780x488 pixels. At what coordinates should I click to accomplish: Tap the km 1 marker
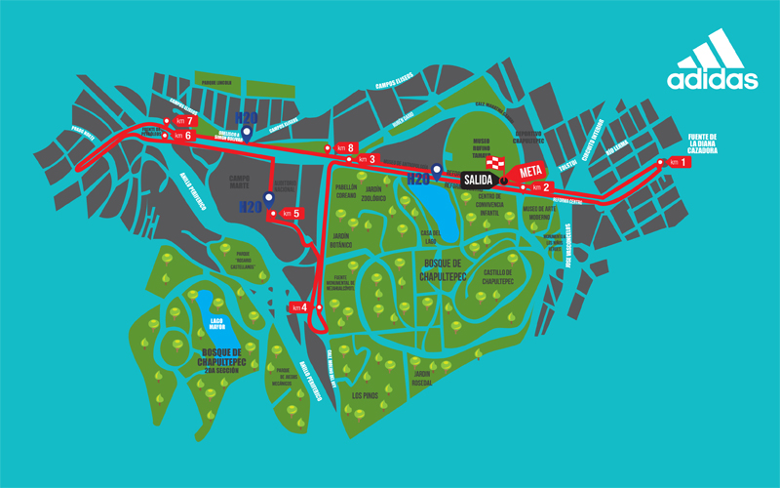tap(676, 162)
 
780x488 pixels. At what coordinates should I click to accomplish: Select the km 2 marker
tap(539, 186)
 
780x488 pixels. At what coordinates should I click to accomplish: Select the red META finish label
tap(530, 172)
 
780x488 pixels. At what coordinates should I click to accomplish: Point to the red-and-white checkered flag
tap(498, 163)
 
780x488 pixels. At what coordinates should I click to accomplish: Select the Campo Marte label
tap(240, 183)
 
